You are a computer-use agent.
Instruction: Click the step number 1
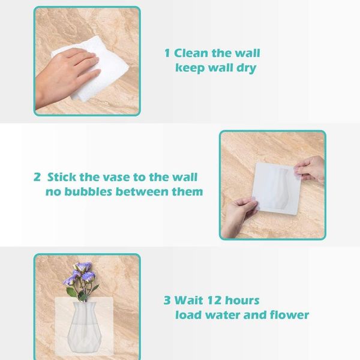[x=168, y=53]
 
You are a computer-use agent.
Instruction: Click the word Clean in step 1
[x=191, y=53]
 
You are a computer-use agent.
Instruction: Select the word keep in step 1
[x=190, y=68]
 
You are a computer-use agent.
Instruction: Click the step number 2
[x=37, y=178]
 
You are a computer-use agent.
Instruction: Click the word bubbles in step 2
[x=88, y=193]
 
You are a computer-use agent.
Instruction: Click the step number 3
[x=167, y=300]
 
